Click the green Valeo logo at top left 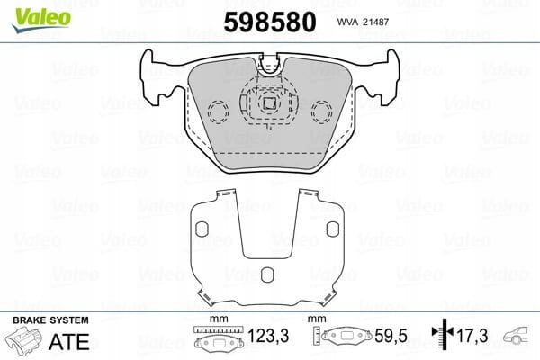click(x=41, y=20)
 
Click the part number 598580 click(x=270, y=22)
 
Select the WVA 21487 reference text click(x=363, y=22)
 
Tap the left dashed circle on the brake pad click(x=218, y=112)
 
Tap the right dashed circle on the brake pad click(x=321, y=112)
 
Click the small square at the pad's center click(x=269, y=103)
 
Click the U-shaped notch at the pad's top click(x=270, y=66)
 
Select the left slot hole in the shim click(x=202, y=229)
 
